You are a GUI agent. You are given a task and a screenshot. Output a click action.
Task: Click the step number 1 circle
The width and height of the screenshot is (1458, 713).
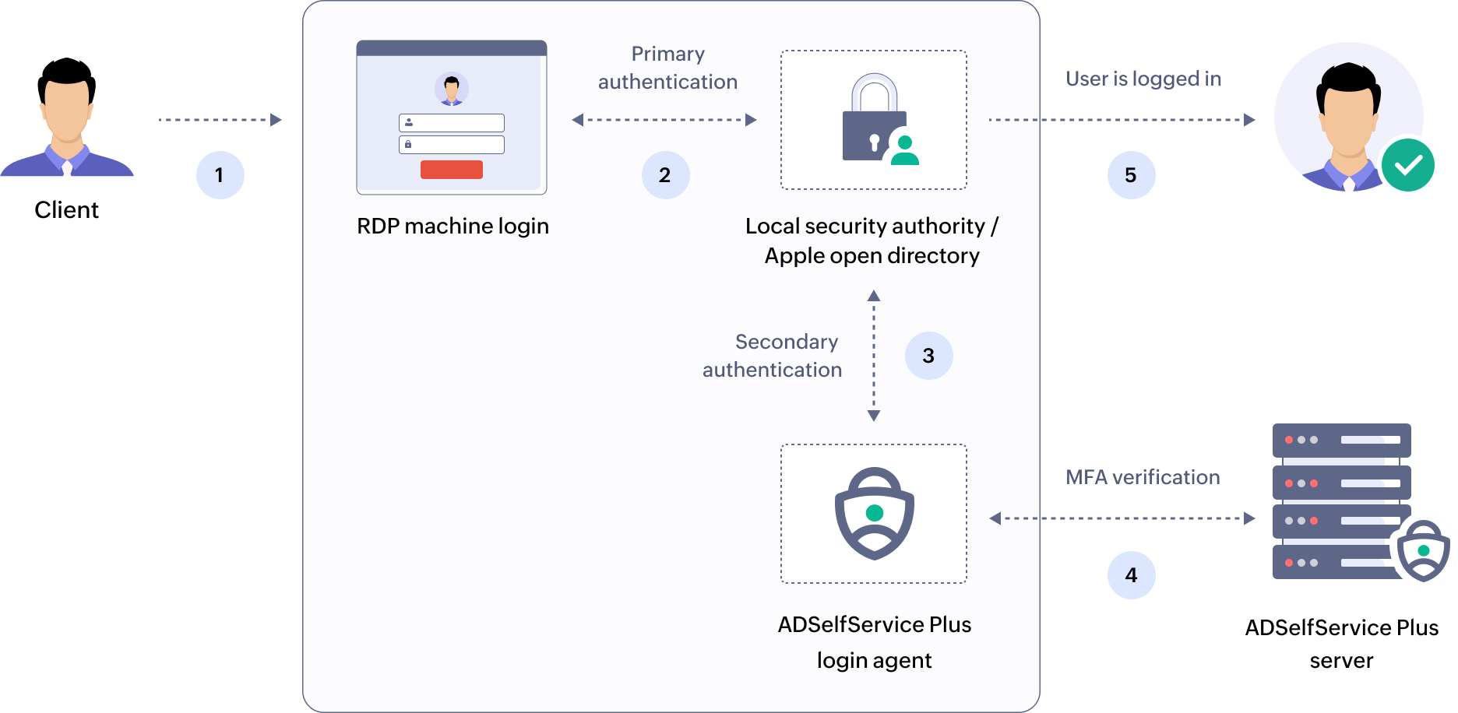(220, 175)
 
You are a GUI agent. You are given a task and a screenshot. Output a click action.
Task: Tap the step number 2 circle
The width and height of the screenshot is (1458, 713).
(665, 175)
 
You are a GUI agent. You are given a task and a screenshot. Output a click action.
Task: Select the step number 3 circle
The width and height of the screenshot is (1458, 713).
(928, 356)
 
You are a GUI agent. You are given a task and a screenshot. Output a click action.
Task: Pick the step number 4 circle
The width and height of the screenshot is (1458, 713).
(1131, 575)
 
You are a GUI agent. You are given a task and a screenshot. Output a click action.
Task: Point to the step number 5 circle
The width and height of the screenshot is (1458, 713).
(1131, 175)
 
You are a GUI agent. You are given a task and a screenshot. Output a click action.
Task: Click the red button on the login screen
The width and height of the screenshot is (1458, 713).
(452, 170)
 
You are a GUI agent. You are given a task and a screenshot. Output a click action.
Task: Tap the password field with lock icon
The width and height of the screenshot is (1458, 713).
(452, 145)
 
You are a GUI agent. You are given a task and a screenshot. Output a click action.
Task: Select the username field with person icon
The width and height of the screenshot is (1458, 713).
(452, 123)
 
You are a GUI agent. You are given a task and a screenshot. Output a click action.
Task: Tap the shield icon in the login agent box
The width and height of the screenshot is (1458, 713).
(874, 514)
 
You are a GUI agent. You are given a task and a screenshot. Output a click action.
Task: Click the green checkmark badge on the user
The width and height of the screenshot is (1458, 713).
(1408, 165)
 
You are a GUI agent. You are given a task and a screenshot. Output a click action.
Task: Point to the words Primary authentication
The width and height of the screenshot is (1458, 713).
(667, 68)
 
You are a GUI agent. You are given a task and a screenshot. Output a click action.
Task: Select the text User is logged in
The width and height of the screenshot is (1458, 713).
(1143, 79)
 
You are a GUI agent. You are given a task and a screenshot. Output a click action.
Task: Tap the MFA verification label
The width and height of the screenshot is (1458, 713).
(1143, 477)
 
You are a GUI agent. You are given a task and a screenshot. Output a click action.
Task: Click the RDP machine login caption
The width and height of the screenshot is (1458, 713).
(453, 226)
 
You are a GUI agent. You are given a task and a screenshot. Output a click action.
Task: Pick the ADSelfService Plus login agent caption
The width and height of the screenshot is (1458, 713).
(874, 641)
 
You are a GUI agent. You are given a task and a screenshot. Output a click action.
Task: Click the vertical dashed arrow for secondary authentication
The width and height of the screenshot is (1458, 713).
(874, 356)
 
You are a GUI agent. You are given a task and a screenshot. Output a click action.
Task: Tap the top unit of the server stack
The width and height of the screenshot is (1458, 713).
(1341, 440)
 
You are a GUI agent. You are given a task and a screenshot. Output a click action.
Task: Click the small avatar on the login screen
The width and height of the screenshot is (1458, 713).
(452, 89)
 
